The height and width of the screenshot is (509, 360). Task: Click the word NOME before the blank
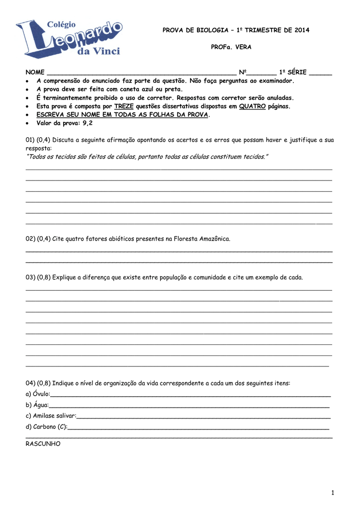35,72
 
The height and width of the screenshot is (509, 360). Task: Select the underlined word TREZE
124,106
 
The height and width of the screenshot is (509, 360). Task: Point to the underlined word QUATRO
252,106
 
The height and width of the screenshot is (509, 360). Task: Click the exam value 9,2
88,123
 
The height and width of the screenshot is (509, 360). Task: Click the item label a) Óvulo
38,394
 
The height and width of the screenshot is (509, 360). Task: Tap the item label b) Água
37,405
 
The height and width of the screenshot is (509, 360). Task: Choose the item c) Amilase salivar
51,416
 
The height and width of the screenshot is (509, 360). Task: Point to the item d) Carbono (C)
46,426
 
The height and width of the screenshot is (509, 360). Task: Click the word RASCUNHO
43,444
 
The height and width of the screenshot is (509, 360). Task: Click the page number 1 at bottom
333,492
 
